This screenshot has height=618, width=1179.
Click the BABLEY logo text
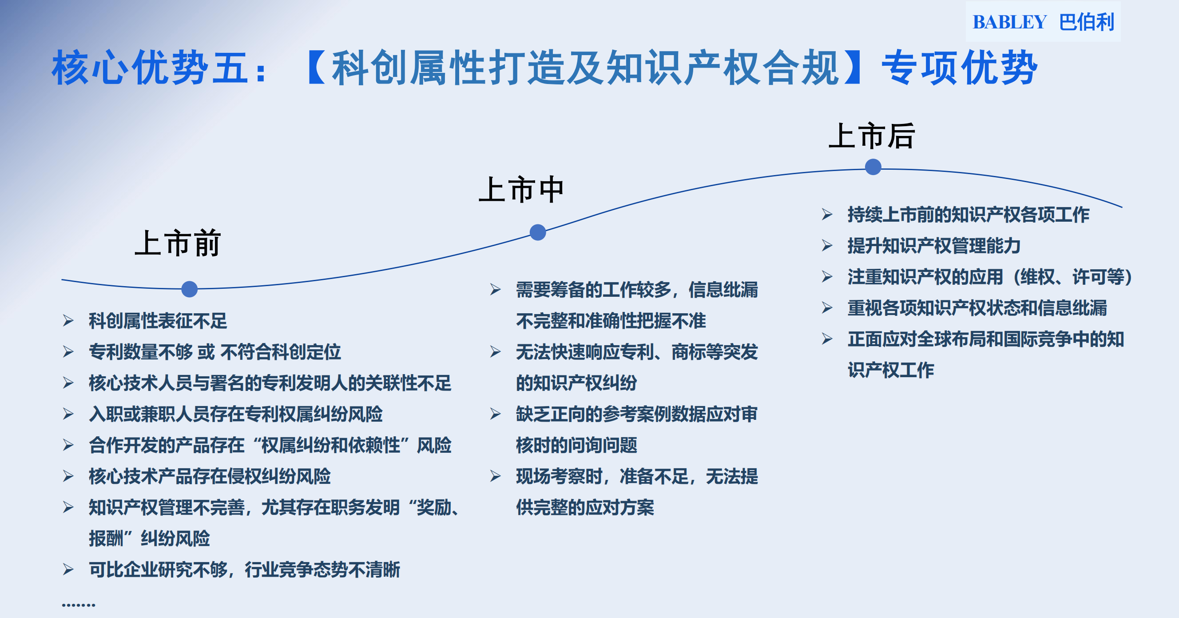[x=1009, y=22]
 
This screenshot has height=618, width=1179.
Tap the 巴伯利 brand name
[x=1087, y=22]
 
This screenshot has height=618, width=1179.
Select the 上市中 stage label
[x=521, y=189]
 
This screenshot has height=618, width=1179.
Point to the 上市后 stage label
[x=871, y=136]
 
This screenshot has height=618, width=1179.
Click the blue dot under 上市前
[x=190, y=289]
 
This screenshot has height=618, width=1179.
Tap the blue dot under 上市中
[x=538, y=232]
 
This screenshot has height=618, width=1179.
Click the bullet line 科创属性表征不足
[x=158, y=320]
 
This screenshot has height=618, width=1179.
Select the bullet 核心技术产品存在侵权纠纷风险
[x=210, y=476]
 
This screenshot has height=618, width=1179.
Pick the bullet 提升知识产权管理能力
[x=934, y=246]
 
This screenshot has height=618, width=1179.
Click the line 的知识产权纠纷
[x=576, y=383]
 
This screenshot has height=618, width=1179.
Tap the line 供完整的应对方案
[x=585, y=507]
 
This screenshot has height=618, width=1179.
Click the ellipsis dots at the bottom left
[x=79, y=605]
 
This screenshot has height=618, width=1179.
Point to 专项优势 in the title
[x=959, y=68]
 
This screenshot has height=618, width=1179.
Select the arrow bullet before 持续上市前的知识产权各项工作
[x=827, y=214]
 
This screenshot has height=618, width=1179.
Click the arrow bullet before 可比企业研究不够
[x=68, y=570]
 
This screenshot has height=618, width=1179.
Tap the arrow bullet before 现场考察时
[x=495, y=476]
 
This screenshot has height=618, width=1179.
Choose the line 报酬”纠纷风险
[x=149, y=538]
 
